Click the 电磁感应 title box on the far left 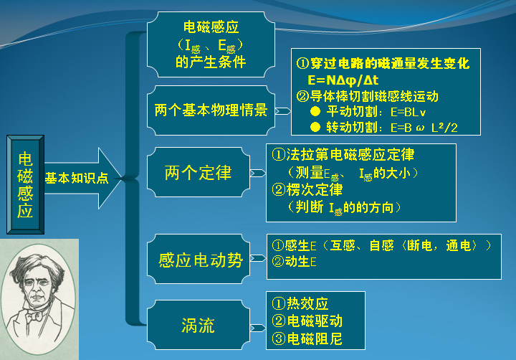(25, 184)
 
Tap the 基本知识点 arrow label (77, 178)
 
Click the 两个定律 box (198, 173)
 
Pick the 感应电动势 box (201, 260)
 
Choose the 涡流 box (198, 326)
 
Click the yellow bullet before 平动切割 (315, 112)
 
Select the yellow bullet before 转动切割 (315, 127)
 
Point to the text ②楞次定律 (308, 190)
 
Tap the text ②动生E (294, 262)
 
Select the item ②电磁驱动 (307, 321)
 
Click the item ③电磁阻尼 (307, 338)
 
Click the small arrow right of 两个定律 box (258, 173)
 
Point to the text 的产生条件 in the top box (211, 62)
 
